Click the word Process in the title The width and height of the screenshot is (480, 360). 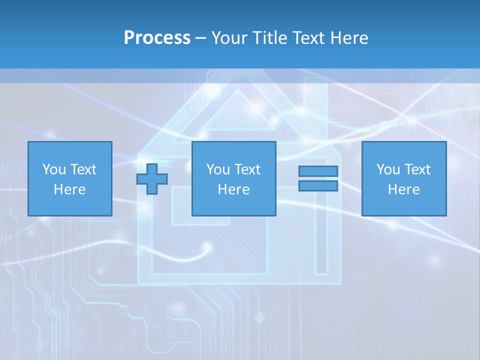tap(157, 38)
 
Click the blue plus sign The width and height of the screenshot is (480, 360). tap(152, 179)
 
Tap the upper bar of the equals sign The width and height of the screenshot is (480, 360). tap(318, 171)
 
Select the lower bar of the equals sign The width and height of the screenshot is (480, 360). tap(318, 186)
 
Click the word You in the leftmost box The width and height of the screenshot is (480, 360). tap(54, 169)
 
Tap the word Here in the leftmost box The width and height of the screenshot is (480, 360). tap(70, 189)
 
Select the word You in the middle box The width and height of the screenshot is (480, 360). tap(218, 169)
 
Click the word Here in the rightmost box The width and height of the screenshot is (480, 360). tap(404, 189)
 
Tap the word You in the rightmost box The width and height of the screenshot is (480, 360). tap(388, 169)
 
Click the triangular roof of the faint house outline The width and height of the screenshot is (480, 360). tap(238, 112)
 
